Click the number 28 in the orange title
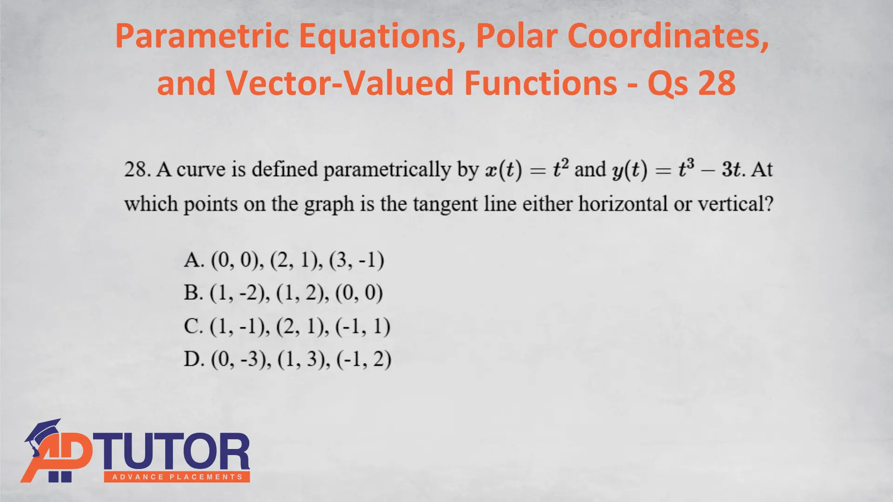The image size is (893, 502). [717, 83]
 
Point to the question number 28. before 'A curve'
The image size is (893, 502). [138, 170]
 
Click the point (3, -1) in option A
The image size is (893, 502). [357, 260]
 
